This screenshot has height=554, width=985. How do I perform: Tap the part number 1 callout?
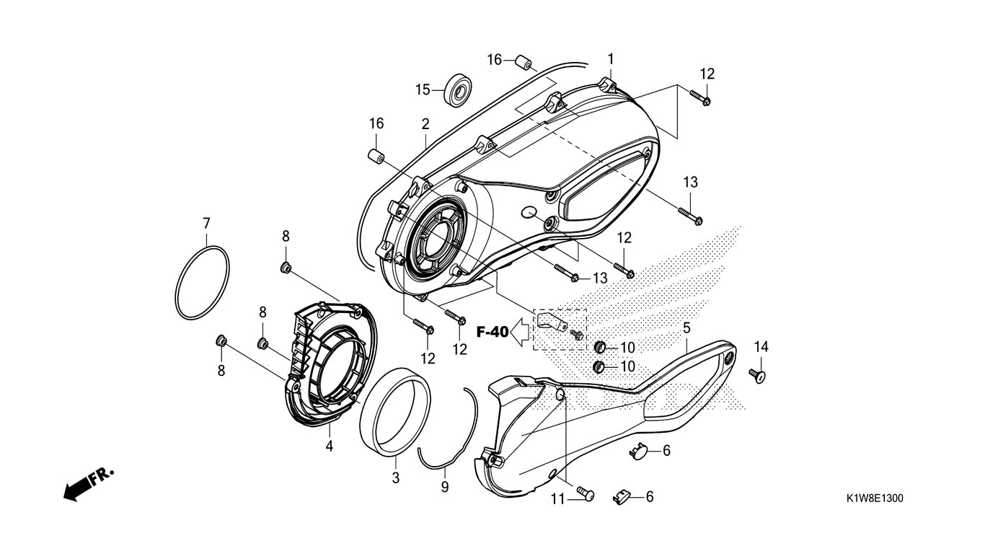610,58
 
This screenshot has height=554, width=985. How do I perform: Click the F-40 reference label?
492,332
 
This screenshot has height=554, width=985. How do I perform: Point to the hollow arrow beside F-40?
520,333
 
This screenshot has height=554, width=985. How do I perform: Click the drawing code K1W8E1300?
875,498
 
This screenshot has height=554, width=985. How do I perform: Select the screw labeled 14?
758,375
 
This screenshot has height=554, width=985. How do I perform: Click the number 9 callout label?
445,488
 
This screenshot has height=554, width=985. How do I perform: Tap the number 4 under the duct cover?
329,446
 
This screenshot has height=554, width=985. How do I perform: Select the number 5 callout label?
687,328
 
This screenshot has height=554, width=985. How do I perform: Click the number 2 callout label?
425,123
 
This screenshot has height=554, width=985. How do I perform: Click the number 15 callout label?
422,89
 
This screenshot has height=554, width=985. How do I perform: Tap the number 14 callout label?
761,347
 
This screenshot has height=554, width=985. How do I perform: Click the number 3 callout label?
395,478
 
